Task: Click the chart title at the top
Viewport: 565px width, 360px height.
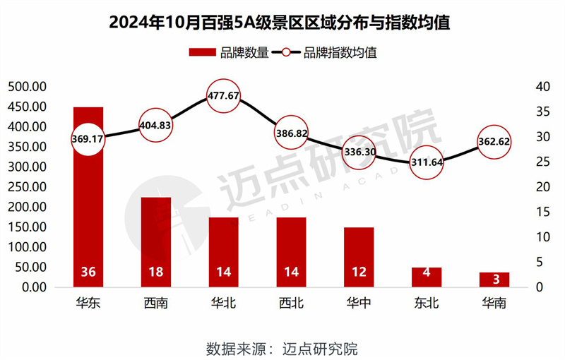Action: coord(282,22)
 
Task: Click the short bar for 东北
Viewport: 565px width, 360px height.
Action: coord(427,277)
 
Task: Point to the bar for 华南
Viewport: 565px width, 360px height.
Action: coord(494,280)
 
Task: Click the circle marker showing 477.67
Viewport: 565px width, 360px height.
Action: coord(224,96)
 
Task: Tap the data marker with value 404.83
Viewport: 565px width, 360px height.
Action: coord(156,125)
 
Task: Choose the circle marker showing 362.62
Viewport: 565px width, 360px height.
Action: coord(494,142)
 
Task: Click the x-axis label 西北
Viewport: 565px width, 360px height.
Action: coord(291,304)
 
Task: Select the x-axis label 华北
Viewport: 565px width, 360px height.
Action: coord(224,304)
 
